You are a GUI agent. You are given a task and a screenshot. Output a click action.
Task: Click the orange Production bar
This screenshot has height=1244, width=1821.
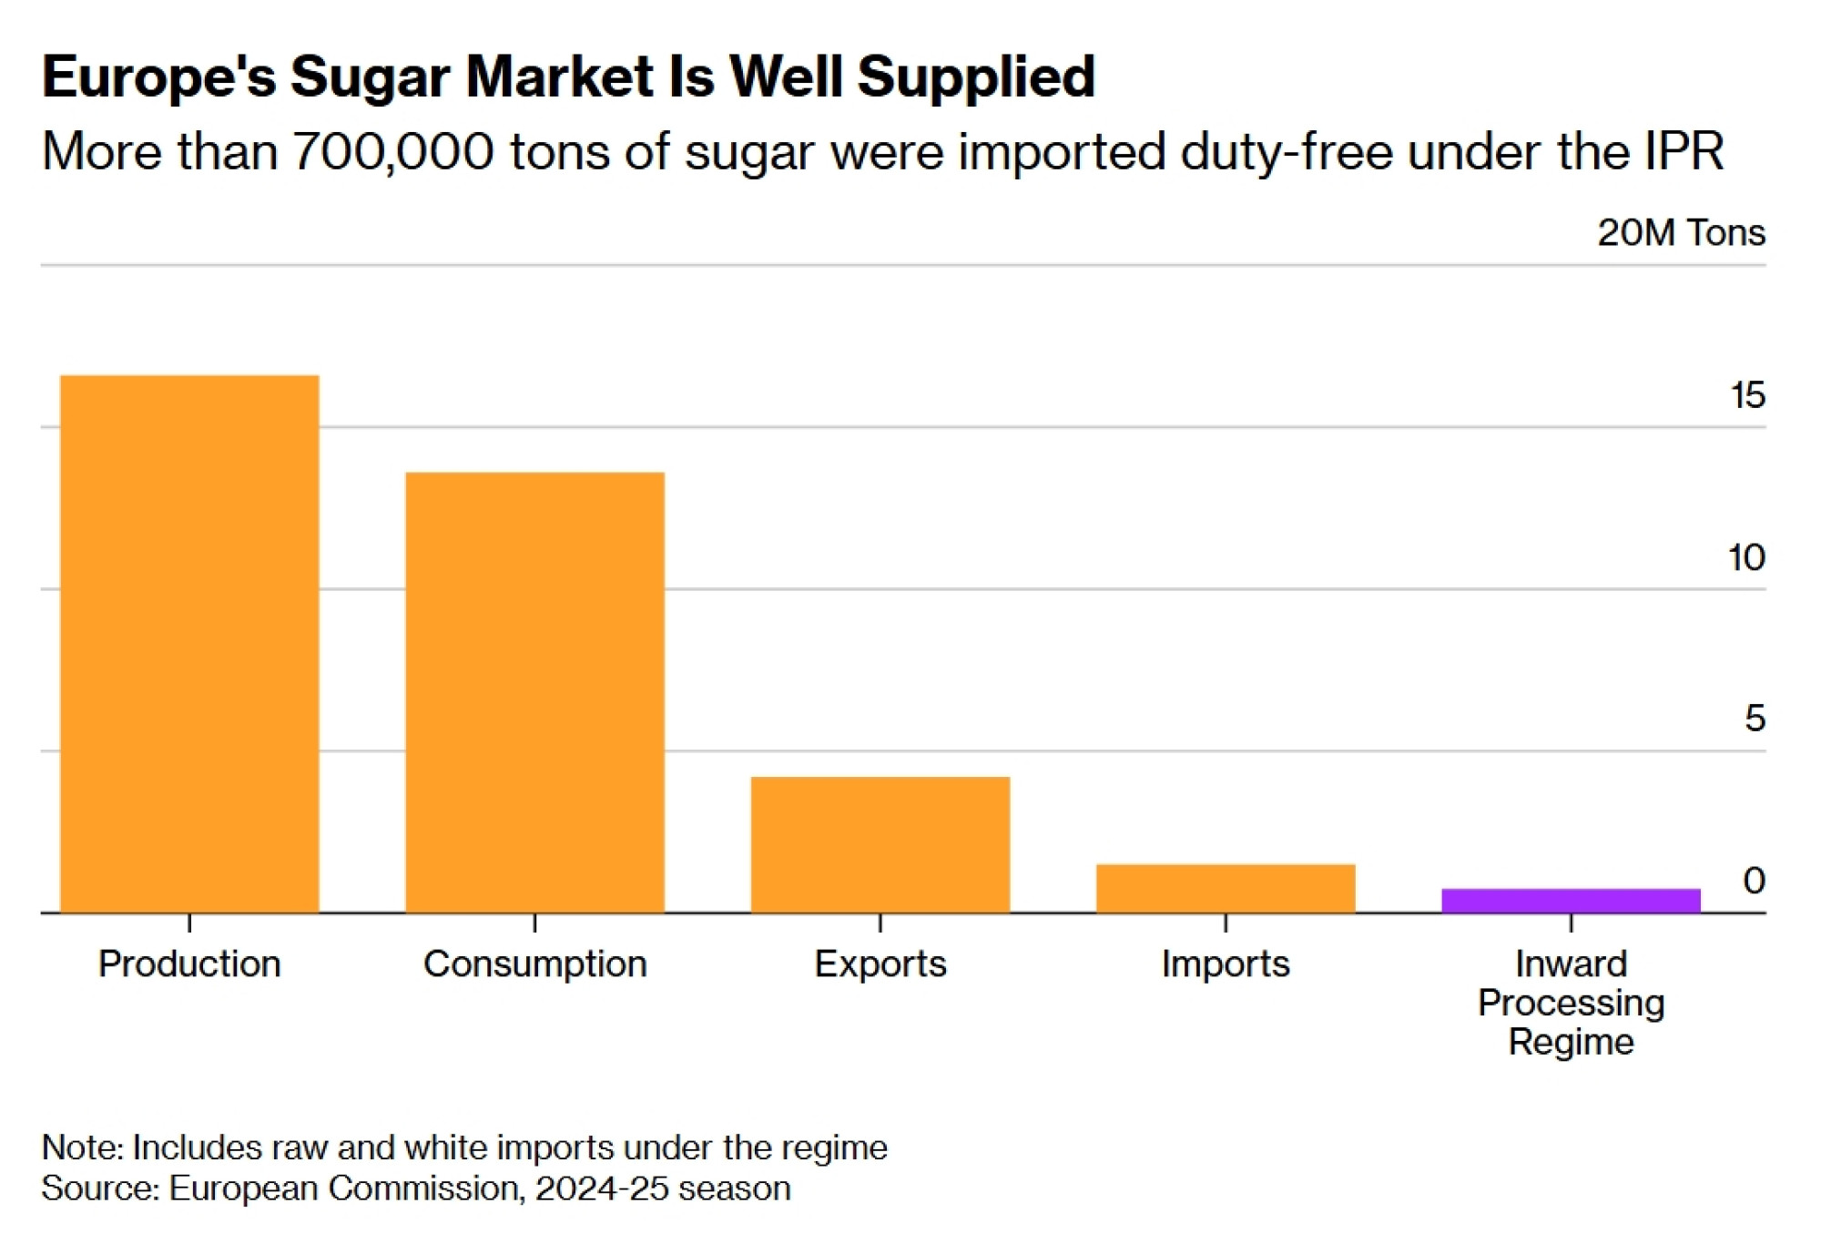189,643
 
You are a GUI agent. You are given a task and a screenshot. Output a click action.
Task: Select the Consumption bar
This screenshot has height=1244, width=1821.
534,692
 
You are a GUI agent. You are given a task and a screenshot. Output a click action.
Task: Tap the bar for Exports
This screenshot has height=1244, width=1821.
880,844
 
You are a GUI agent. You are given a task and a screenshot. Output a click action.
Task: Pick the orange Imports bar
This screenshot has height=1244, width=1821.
1226,888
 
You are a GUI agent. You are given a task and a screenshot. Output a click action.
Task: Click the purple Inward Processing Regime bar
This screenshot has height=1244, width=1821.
1571,901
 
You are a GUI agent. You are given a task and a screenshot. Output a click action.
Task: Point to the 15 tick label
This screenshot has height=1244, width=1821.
1747,395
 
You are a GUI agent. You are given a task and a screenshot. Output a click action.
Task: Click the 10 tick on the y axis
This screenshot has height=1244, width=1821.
1746,557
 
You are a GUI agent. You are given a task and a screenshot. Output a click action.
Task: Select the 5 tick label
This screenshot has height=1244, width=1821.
1755,719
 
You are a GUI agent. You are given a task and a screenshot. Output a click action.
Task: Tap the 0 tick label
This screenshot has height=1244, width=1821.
1754,880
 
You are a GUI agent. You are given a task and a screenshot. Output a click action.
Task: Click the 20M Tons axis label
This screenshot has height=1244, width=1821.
1681,232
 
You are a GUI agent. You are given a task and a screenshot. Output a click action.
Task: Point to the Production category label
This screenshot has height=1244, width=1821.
189,964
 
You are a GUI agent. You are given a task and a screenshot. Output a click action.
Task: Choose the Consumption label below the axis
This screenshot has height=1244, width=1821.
534,964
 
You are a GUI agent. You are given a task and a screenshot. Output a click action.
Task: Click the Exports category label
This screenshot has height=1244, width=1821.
880,964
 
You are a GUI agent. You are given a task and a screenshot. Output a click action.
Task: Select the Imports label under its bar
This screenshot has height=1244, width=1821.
1226,964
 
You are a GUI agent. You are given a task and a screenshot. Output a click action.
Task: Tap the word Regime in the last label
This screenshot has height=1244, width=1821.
1571,1041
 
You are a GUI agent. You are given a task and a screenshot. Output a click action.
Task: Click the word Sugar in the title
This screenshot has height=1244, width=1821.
370,76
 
